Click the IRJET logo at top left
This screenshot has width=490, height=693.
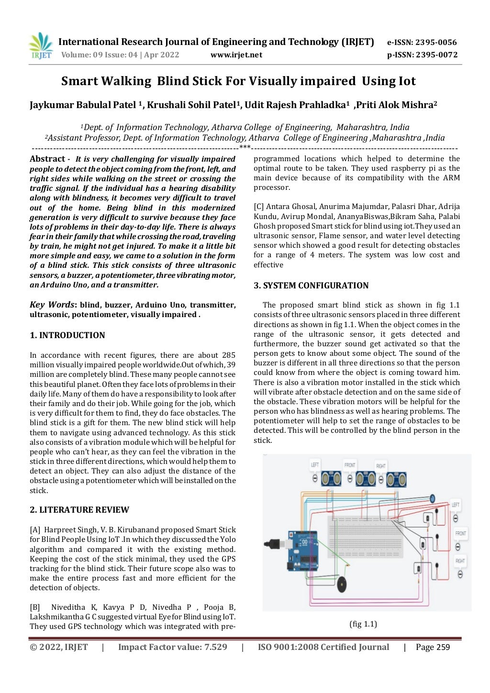coord(41,46)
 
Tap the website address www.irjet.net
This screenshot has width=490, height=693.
coord(236,55)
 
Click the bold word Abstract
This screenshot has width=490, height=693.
coord(47,159)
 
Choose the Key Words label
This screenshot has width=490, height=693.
coord(52,305)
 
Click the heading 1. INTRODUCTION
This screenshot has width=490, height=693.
coord(67,335)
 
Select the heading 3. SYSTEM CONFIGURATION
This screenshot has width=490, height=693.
coord(311,286)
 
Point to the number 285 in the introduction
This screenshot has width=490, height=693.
coord(229,355)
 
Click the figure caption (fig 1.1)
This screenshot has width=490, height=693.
coord(363,624)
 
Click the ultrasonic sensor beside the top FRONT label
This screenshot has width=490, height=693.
coord(366,478)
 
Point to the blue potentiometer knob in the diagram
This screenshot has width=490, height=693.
coord(432,499)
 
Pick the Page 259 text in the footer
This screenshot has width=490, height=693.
coord(433,647)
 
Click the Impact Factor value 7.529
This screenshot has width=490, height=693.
coord(216,647)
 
